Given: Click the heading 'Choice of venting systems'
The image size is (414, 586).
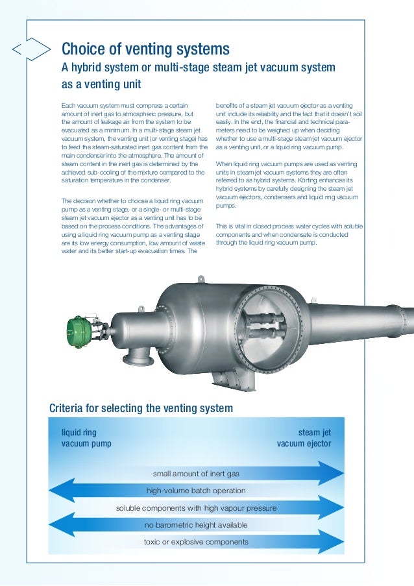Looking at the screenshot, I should [145, 49].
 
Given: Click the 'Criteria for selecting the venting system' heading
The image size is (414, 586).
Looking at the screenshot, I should [141, 408].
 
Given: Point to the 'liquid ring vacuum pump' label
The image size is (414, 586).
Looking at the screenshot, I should [86, 438].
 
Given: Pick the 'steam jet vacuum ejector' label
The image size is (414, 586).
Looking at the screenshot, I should [304, 438].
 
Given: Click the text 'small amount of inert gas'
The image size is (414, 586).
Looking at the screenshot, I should [196, 474].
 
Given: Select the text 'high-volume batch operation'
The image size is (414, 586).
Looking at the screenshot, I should [196, 491].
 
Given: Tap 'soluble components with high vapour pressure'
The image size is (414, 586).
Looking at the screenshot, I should [196, 507].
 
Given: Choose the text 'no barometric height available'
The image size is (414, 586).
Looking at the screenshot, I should [196, 524].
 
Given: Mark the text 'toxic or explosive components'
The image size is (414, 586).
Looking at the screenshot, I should [196, 541].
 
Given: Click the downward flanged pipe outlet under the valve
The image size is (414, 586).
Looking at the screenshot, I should [139, 357].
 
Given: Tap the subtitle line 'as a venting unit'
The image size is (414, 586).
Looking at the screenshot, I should [101, 85].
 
